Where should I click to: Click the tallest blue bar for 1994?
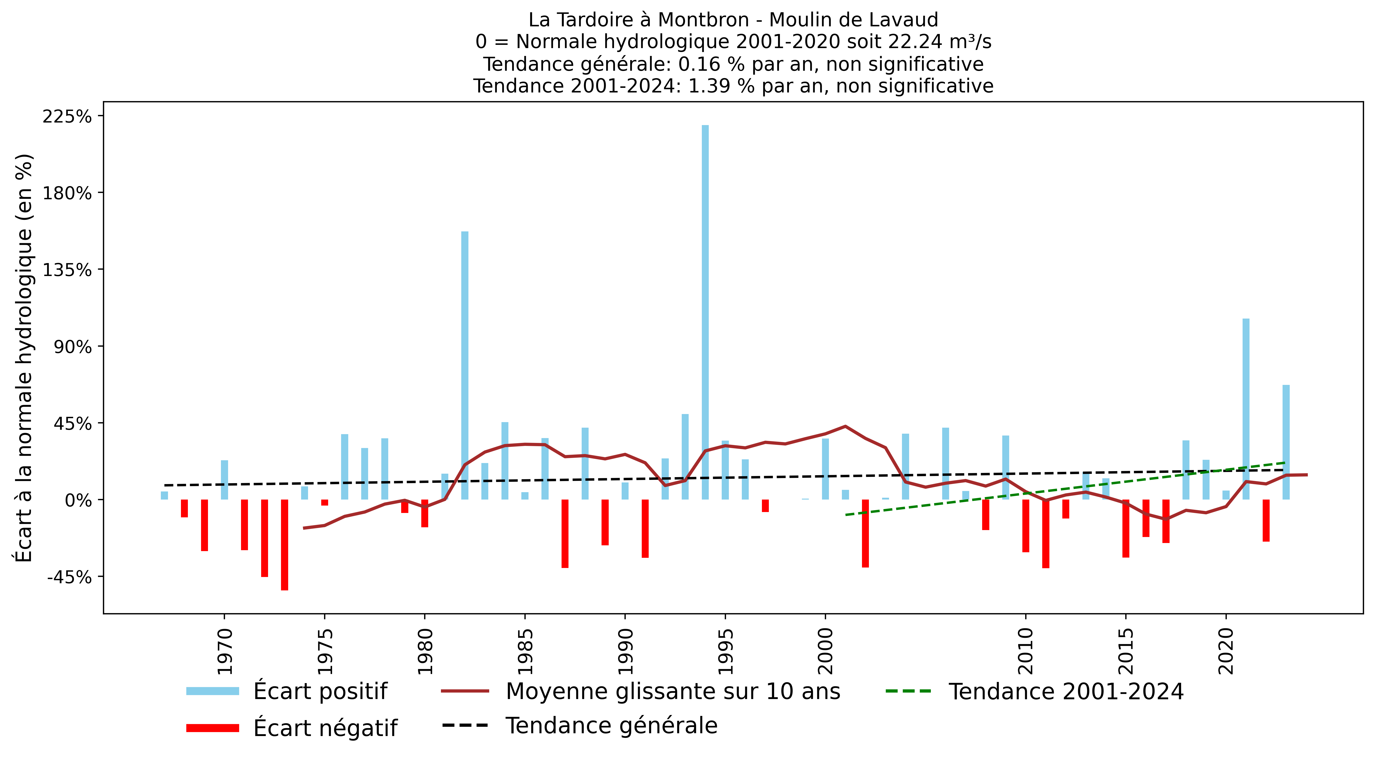coord(705,312)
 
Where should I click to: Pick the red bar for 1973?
coord(284,545)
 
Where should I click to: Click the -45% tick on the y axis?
coord(69,577)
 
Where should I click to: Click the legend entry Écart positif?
coord(320,691)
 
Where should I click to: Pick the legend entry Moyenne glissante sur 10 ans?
coord(672,691)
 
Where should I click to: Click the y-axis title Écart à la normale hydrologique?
coord(24,358)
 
